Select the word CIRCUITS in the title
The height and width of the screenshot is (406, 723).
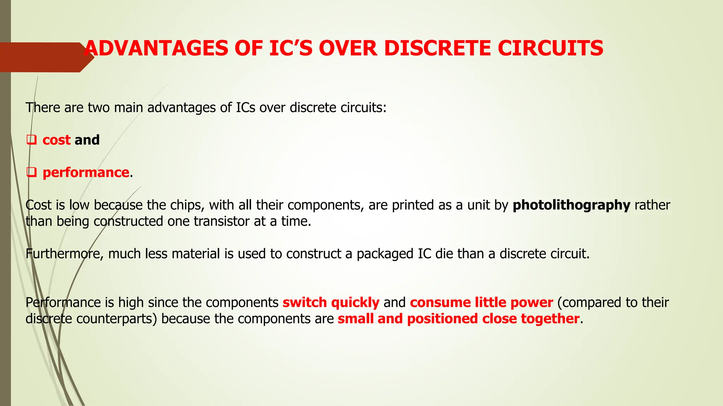point(550,48)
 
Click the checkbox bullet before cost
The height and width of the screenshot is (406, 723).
point(32,140)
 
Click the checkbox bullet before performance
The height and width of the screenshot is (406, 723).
point(32,172)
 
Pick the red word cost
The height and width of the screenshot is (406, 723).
point(56,140)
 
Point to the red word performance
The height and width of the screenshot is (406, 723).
point(86,173)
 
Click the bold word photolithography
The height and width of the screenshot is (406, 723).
point(571,205)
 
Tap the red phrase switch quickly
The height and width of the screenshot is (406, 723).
point(331,302)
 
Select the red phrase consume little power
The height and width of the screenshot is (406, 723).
point(481,302)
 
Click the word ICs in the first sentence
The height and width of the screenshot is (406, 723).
point(245,107)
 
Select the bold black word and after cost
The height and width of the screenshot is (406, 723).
point(87,140)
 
